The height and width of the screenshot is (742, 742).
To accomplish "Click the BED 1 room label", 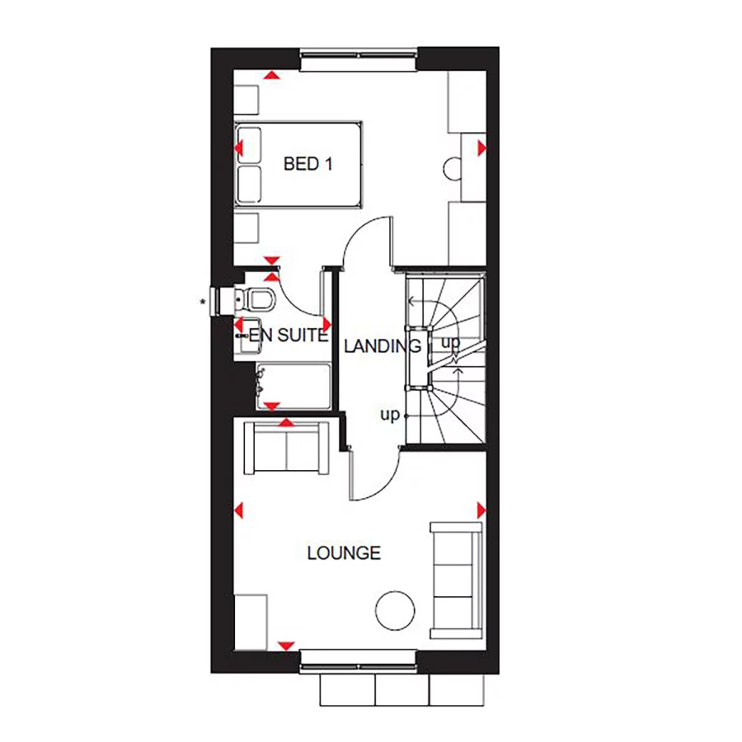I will [x=308, y=164].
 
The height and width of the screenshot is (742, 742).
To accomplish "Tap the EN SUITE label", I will [x=289, y=336].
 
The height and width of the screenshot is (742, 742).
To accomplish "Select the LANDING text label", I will [x=383, y=345].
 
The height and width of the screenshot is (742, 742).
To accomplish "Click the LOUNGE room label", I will [x=344, y=552].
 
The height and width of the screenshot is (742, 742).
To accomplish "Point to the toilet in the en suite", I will [x=260, y=298].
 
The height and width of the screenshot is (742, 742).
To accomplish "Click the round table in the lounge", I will [x=394, y=611].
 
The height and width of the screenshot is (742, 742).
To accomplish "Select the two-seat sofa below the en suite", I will [x=285, y=448].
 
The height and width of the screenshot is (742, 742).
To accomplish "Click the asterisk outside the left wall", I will [x=203, y=302].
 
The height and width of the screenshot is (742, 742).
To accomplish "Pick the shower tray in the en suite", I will [x=294, y=385].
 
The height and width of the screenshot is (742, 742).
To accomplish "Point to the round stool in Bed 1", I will [x=454, y=168].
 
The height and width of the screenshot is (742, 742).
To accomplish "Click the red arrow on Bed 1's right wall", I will [x=481, y=148].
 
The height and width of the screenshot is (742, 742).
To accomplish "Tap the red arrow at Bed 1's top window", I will [x=270, y=76].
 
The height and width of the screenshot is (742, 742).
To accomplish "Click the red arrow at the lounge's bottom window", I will [x=287, y=644].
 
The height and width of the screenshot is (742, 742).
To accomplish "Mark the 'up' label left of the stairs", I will [x=389, y=415].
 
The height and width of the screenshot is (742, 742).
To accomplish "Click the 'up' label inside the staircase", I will [x=450, y=341].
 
